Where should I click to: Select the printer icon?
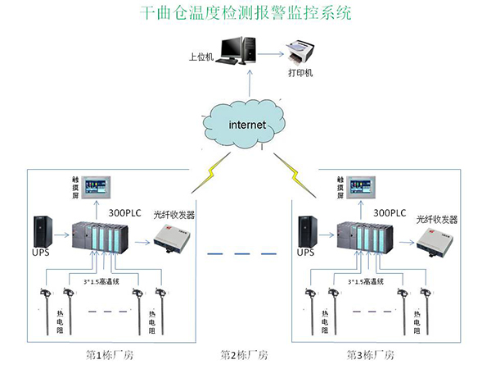click(x=300, y=53)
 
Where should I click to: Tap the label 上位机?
click(x=200, y=58)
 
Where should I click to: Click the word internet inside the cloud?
click(x=246, y=125)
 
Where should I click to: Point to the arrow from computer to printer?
click(x=273, y=54)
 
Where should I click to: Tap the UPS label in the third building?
click(x=305, y=253)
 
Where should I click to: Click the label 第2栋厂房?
click(x=244, y=355)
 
